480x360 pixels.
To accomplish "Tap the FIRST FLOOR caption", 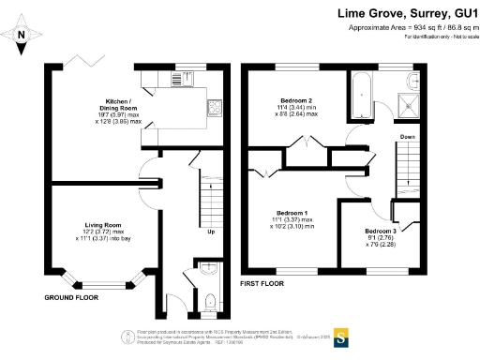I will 262,282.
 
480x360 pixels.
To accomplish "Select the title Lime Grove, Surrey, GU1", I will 406,14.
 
